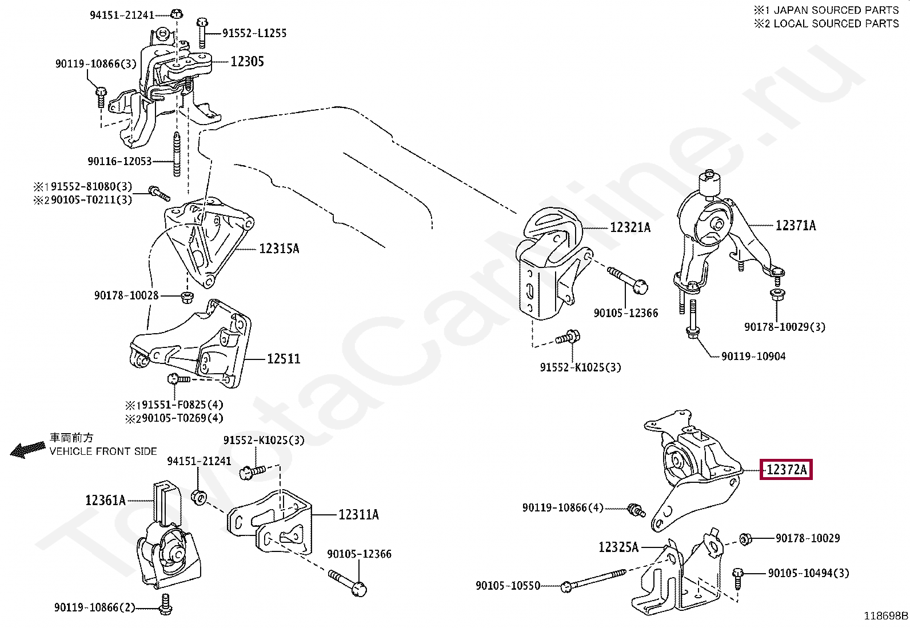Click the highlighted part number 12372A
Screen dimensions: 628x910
pyautogui.click(x=786, y=470)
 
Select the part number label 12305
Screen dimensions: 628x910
pyautogui.click(x=247, y=62)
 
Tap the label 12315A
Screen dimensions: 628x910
pyautogui.click(x=279, y=249)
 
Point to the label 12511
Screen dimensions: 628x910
pyautogui.click(x=284, y=359)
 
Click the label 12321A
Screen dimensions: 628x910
pyautogui.click(x=630, y=227)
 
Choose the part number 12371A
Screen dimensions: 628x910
pyautogui.click(x=796, y=226)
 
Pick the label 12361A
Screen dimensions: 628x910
pyautogui.click(x=105, y=501)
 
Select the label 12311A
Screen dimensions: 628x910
pyautogui.click(x=358, y=515)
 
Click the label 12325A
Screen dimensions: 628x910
pyautogui.click(x=618, y=547)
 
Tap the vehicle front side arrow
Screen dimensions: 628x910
pyautogui.click(x=27, y=450)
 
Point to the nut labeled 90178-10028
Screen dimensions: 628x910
pyautogui.click(x=186, y=297)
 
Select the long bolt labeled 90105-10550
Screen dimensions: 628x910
pyautogui.click(x=594, y=580)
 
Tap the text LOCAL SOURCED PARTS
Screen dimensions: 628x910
pyautogui.click(x=836, y=24)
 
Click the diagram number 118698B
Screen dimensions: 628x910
pyautogui.click(x=885, y=616)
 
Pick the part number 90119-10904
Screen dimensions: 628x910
pyautogui.click(x=753, y=357)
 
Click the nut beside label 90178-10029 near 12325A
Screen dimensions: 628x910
pyautogui.click(x=745, y=538)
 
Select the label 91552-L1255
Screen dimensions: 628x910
pyautogui.click(x=254, y=33)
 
